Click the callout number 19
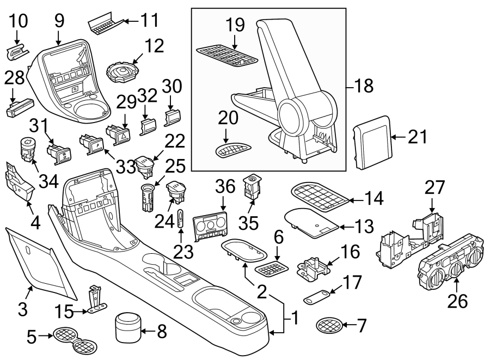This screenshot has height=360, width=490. [235, 25]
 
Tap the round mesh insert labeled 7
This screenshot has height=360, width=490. [330, 326]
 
